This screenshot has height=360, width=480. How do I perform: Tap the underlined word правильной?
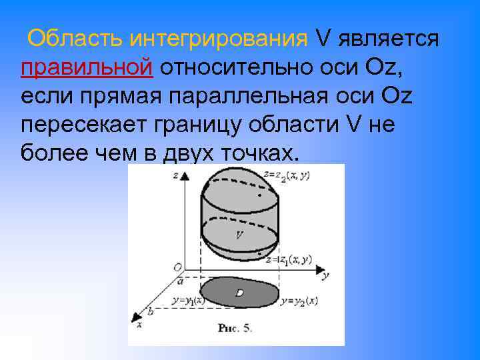point(87,68)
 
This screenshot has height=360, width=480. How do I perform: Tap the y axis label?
point(324,274)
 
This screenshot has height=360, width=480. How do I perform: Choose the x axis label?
point(139,325)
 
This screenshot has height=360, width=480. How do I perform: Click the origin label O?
point(177,267)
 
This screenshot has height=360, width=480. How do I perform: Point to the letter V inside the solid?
point(238,235)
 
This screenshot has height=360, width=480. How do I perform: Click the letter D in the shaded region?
point(239,293)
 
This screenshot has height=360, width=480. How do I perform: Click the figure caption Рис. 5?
point(235,328)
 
